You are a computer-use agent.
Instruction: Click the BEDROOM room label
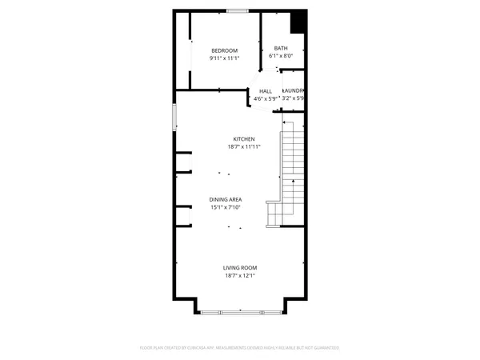225,50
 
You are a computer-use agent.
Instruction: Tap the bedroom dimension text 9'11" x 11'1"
225,58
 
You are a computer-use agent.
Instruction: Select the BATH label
281,48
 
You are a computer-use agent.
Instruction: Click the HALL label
266,91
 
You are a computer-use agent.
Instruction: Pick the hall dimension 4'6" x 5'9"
265,98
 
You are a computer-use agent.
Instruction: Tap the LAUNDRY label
294,90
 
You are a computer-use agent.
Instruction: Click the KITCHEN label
244,138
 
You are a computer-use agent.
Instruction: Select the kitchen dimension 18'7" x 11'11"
243,146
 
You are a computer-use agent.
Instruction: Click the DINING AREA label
226,199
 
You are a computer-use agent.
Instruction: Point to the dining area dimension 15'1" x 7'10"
226,207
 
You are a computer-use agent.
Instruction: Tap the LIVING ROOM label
240,268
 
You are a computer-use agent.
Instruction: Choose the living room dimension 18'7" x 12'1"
240,276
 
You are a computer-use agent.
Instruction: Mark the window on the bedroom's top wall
237,10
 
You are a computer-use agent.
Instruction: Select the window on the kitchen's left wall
175,118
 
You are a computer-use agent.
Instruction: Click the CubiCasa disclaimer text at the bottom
240,348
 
